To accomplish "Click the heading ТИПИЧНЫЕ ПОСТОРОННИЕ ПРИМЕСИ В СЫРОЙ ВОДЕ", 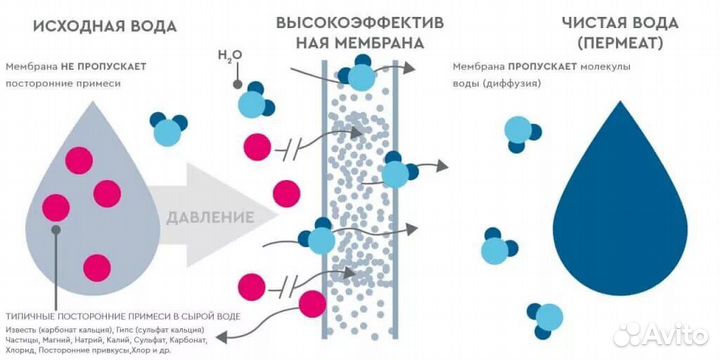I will coord(120,316).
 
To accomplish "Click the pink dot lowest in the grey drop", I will coord(97,266).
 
